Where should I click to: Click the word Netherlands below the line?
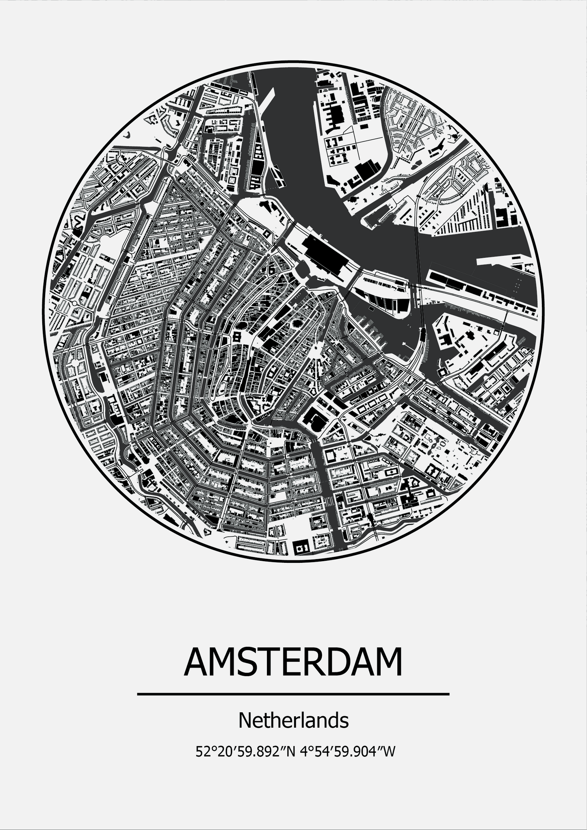tap(293, 720)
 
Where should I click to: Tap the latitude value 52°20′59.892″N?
tap(245, 752)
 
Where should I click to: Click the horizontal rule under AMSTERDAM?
tap(293, 694)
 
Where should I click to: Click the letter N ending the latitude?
tap(290, 752)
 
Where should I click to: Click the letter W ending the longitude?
tap(389, 752)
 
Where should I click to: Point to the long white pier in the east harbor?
tap(504, 260)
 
